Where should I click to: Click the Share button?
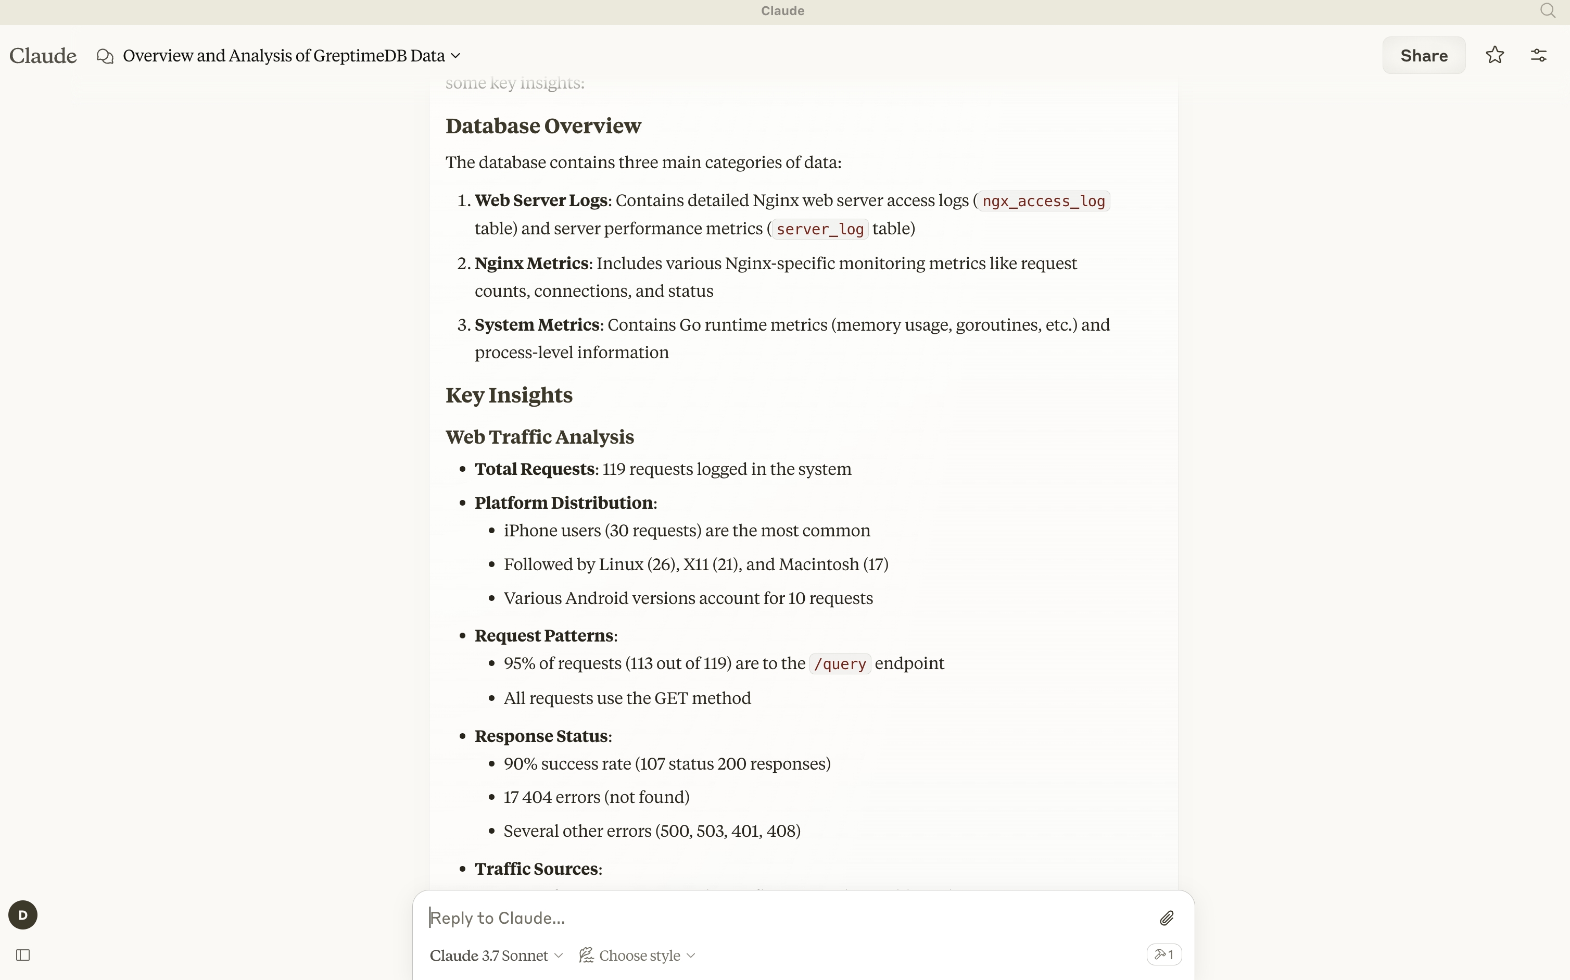point(1424,56)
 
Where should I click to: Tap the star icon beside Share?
point(1495,55)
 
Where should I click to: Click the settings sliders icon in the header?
point(1539,56)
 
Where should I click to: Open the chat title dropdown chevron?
point(455,56)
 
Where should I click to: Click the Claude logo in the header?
point(43,56)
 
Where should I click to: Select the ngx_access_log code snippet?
point(1043,202)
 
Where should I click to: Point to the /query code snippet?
point(840,664)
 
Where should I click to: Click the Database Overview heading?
point(543,125)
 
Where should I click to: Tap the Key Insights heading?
point(509,395)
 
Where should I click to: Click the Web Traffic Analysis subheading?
point(539,437)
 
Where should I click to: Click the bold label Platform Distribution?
point(564,503)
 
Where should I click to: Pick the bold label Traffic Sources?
point(537,869)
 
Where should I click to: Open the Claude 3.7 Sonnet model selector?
point(496,956)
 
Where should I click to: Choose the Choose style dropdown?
point(638,956)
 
